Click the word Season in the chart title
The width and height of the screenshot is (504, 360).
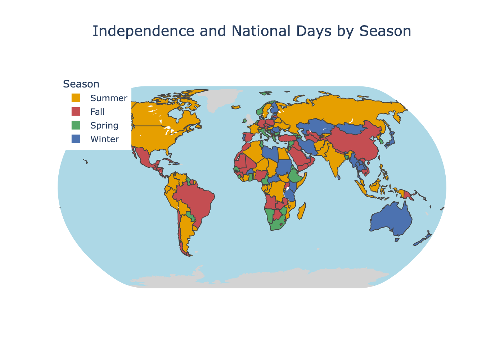[x=385, y=31]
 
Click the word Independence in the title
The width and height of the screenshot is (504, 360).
[x=143, y=31]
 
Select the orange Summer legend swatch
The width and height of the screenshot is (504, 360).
[x=76, y=98]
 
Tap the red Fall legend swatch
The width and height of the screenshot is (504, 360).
[x=76, y=112]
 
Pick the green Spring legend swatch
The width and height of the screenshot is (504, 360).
[x=76, y=125]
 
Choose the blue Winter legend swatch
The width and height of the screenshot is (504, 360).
[x=76, y=139]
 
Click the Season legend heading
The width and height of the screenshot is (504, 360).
[x=81, y=84]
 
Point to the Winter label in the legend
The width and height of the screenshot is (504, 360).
[x=105, y=139]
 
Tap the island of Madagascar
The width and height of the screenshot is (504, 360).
[x=302, y=211]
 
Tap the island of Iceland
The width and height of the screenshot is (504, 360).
[x=236, y=107]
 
